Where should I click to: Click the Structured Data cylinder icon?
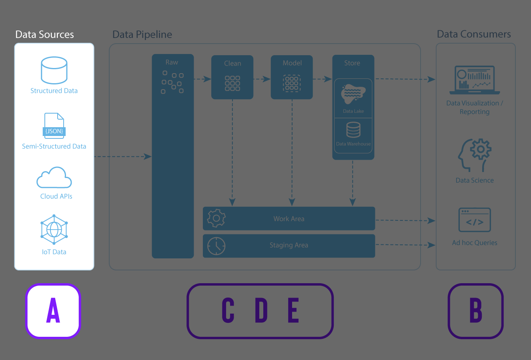click(54, 70)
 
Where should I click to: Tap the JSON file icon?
click(54, 126)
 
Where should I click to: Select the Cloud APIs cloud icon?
click(54, 178)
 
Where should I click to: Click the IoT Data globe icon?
click(54, 230)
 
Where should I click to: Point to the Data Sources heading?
click(44, 34)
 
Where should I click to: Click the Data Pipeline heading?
click(142, 34)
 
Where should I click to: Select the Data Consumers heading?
click(474, 34)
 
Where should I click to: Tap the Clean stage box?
click(232, 77)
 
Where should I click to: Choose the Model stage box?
click(292, 77)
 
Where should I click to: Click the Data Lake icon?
click(353, 94)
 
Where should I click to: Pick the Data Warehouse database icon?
click(353, 130)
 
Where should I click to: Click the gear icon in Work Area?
click(216, 218)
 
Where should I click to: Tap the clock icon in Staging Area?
click(216, 246)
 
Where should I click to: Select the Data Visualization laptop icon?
click(475, 80)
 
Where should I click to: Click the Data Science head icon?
click(475, 155)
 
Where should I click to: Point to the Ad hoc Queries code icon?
click(475, 220)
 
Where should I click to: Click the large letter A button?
click(53, 311)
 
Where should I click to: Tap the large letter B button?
click(475, 311)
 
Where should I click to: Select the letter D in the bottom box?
click(261, 310)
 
